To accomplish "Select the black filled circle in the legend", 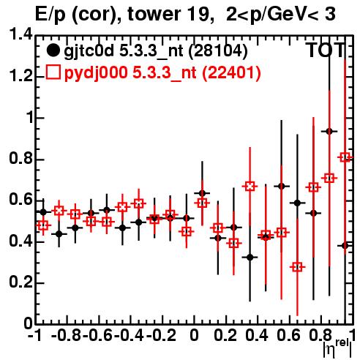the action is pos(53,50).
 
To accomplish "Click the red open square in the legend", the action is pos(53,72).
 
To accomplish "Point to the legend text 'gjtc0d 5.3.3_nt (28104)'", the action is pos(156,51).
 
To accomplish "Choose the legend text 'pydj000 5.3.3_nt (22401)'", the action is pos(162,72).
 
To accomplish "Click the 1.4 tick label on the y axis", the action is pos(20,35).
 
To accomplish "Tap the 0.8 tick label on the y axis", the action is pos(20,159).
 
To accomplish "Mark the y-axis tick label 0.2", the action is pos(20,282).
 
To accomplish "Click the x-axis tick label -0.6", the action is pos(97,336).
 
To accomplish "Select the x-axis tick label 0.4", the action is pos(257,336).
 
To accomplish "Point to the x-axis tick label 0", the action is pos(194,336).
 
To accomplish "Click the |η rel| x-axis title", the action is pos(337,348).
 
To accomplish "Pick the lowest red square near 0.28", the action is pos(297,267).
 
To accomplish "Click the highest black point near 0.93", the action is pos(329,132).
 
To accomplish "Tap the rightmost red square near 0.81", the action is pos(345,157).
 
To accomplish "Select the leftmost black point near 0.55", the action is pos(43,212).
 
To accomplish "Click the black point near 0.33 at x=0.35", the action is pos(250,258).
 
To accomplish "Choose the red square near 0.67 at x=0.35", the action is pos(250,187).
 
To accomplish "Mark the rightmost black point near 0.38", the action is pos(345,246).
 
